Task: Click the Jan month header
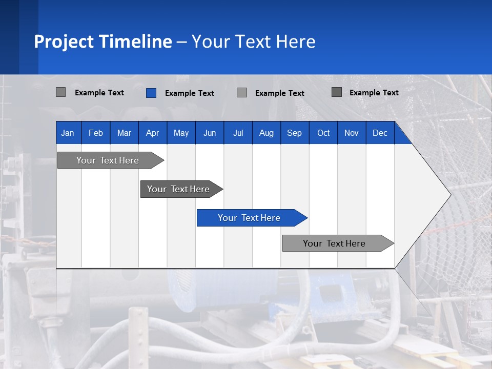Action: coord(68,133)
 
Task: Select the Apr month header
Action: coord(152,133)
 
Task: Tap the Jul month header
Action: coord(238,133)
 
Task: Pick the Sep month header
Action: coord(294,133)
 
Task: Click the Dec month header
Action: coord(380,133)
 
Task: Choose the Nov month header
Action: coord(351,133)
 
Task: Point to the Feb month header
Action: coord(96,133)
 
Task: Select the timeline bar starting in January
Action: coord(108,160)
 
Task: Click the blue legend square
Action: coord(151,93)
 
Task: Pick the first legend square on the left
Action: coord(60,92)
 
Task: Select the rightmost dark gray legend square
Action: coord(337,92)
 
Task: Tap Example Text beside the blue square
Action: coord(189,93)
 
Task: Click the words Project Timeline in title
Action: coord(103,42)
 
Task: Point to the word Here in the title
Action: coord(296,42)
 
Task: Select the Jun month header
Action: coord(209,133)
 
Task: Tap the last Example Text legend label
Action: coord(374,93)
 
